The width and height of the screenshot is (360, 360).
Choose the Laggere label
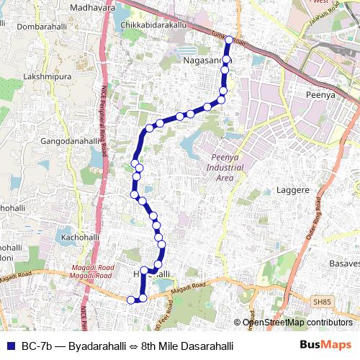click(x=293, y=191)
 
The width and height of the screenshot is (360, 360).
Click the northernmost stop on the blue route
click(x=229, y=40)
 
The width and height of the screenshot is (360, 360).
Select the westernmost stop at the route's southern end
click(x=131, y=300)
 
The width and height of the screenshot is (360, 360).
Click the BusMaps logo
click(x=325, y=346)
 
